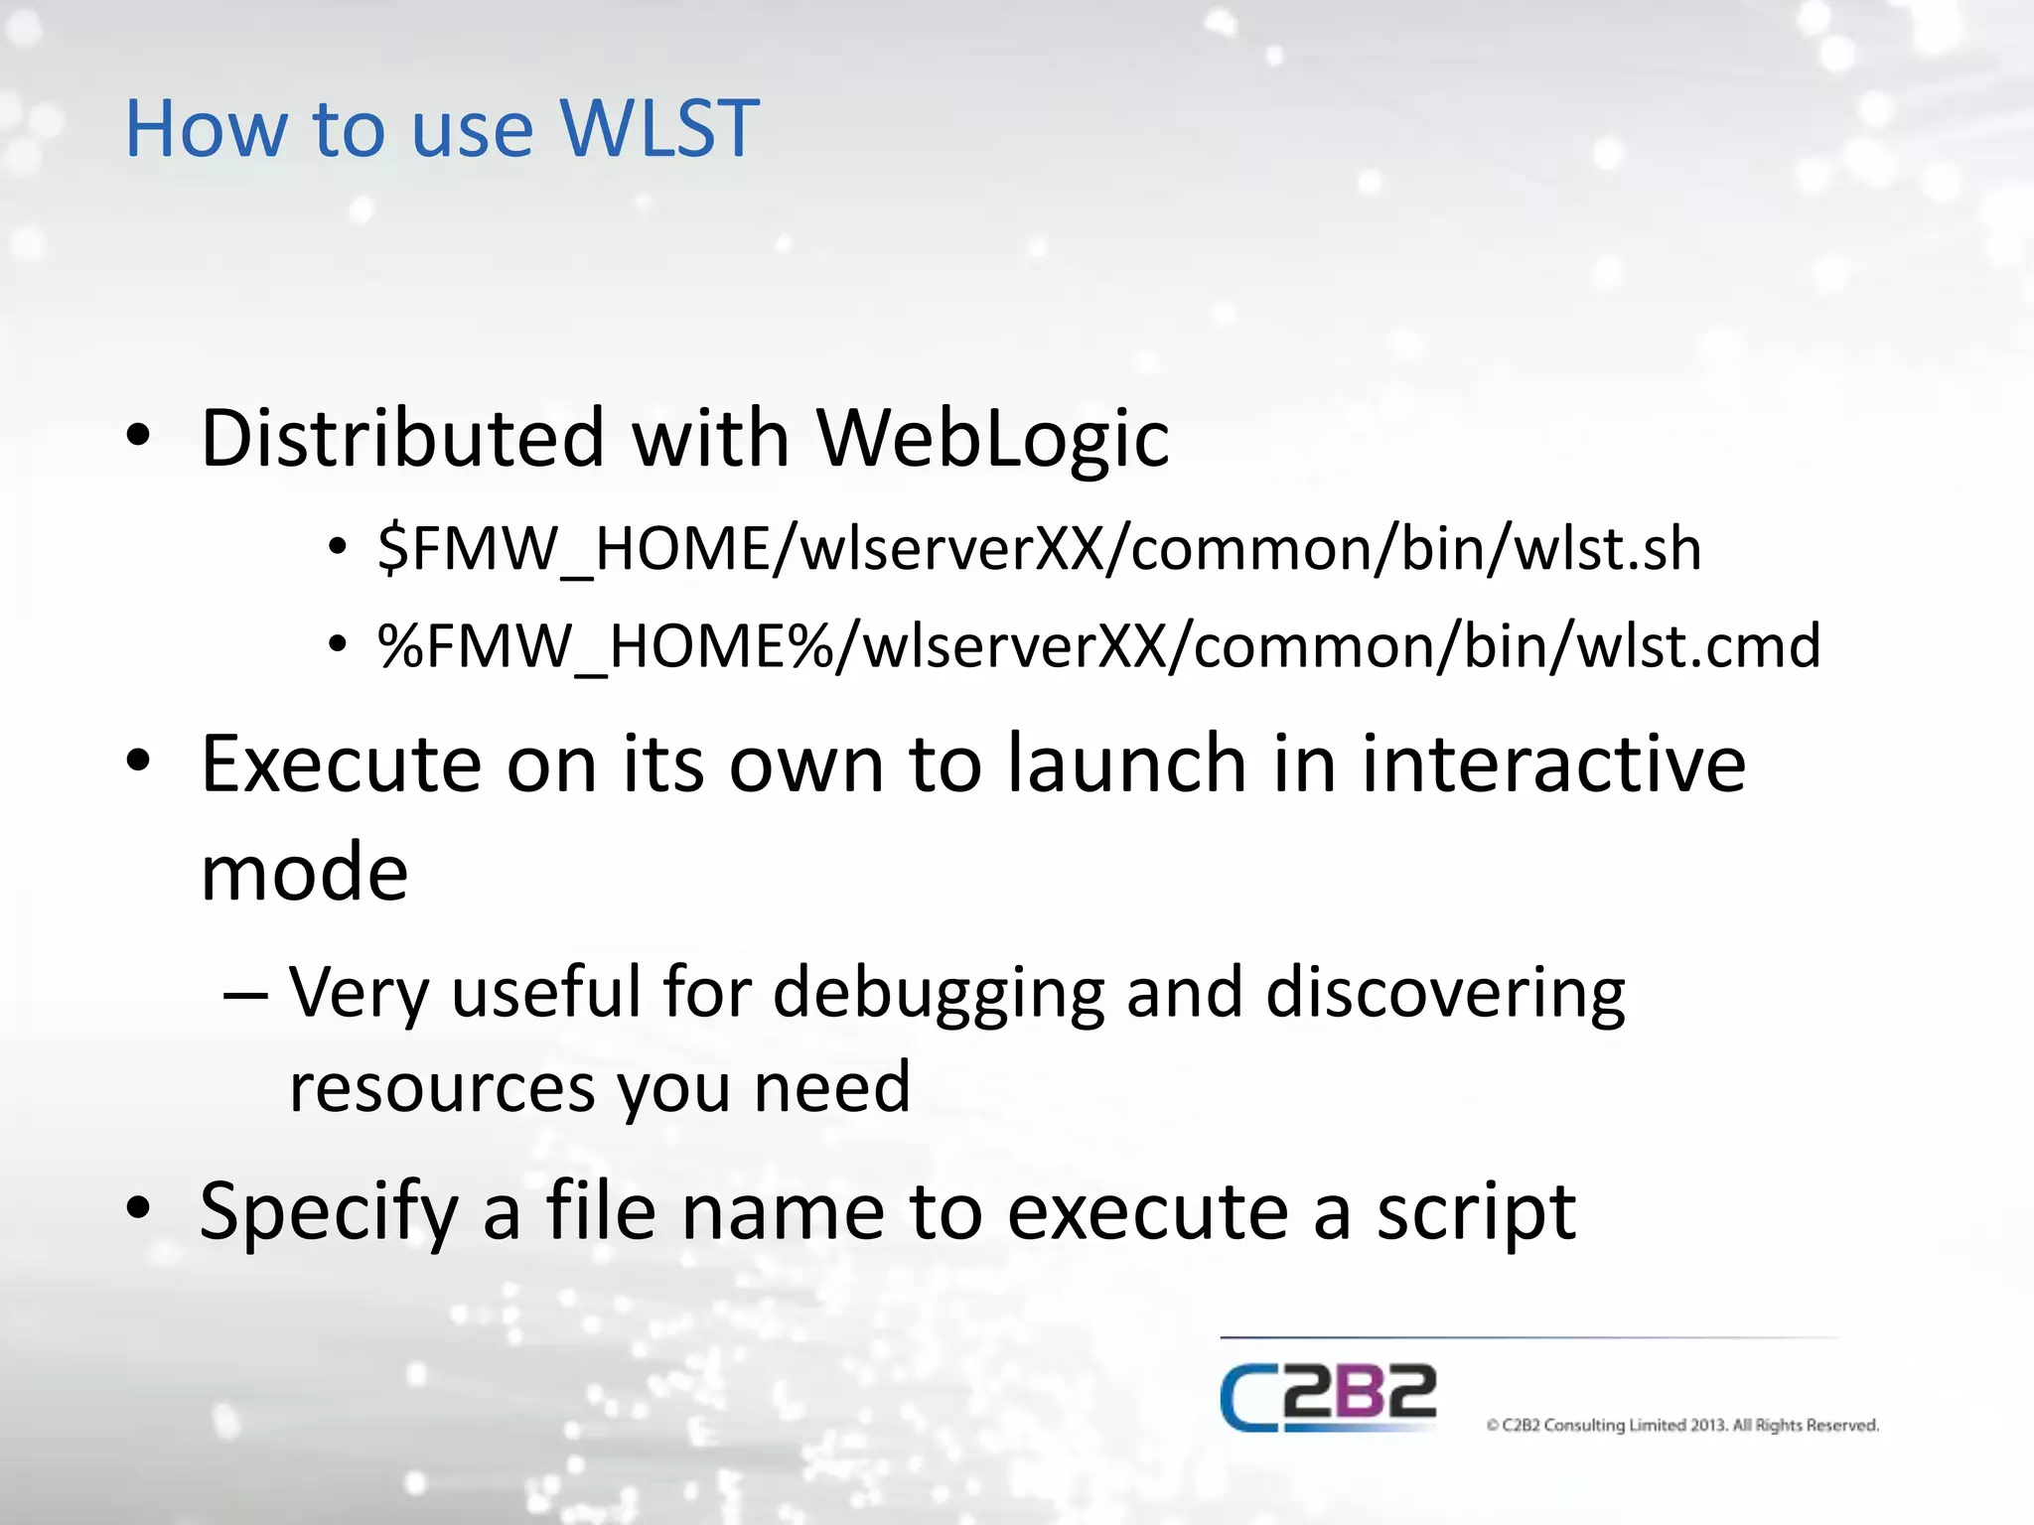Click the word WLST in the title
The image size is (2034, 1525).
point(659,129)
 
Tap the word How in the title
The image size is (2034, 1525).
point(206,129)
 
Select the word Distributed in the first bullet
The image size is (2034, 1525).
point(402,438)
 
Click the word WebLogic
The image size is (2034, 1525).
point(992,438)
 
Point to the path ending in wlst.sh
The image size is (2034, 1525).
point(1039,549)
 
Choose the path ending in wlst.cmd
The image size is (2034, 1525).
point(1098,646)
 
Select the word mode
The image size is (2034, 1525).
point(304,873)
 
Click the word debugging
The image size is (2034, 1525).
point(939,992)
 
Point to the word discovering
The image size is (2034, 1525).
point(1445,992)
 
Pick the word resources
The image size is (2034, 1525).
point(441,1086)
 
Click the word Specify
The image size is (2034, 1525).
point(329,1212)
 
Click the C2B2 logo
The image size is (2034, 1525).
point(1328,1397)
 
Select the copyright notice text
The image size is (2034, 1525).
point(1682,1426)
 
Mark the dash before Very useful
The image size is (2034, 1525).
point(244,993)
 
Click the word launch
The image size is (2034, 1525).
point(1126,763)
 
